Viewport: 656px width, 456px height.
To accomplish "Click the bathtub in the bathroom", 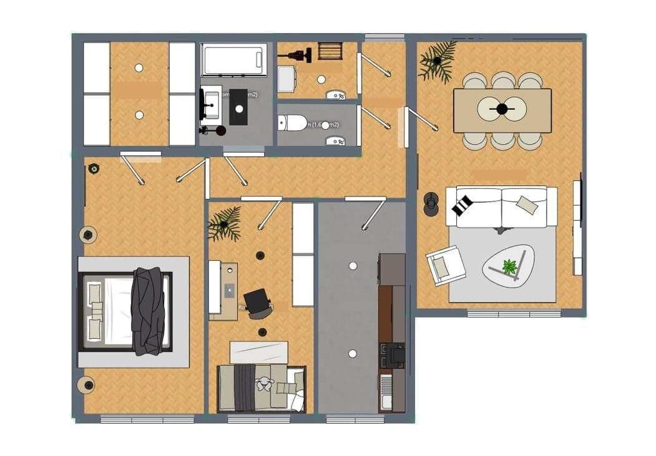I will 234,61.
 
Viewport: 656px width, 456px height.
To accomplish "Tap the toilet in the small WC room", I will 292,123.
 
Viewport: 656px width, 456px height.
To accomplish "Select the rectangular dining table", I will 502,110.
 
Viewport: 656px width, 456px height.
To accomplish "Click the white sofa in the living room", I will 501,206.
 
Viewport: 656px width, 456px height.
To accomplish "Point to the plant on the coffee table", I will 510,267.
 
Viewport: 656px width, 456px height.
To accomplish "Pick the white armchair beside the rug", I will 446,265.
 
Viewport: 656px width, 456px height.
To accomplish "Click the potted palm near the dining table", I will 437,61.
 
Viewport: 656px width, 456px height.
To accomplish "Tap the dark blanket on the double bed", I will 148,311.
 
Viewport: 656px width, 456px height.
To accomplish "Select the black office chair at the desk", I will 258,303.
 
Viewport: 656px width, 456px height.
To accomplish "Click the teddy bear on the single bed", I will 266,386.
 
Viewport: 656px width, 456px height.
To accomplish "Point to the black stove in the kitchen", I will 394,354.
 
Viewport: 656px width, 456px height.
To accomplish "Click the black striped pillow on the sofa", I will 463,205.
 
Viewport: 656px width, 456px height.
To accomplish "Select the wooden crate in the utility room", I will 330,51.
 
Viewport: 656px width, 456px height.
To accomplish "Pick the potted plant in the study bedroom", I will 224,224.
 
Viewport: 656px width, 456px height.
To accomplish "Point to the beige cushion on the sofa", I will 527,204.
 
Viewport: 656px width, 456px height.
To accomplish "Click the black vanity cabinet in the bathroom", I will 238,111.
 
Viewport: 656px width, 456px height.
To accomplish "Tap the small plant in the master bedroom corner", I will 94,168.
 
